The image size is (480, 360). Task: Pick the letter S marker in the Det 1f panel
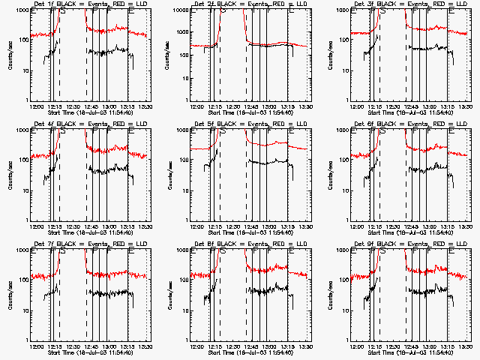coord(63,13)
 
